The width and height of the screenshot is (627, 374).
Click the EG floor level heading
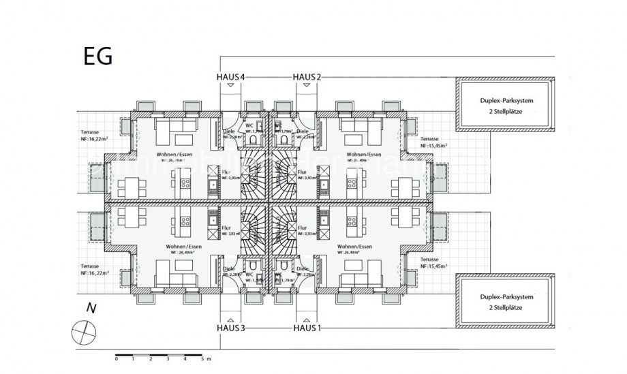click(x=97, y=56)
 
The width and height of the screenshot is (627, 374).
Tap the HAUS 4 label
click(x=230, y=77)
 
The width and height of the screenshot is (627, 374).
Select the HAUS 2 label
click(x=307, y=77)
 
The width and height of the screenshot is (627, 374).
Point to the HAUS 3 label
click(x=230, y=328)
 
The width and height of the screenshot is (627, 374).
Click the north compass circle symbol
click(x=84, y=333)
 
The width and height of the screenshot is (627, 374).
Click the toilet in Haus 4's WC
click(x=254, y=140)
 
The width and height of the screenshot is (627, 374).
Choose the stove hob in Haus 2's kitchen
click(x=352, y=183)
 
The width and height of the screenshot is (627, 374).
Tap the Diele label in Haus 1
click(x=303, y=268)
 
